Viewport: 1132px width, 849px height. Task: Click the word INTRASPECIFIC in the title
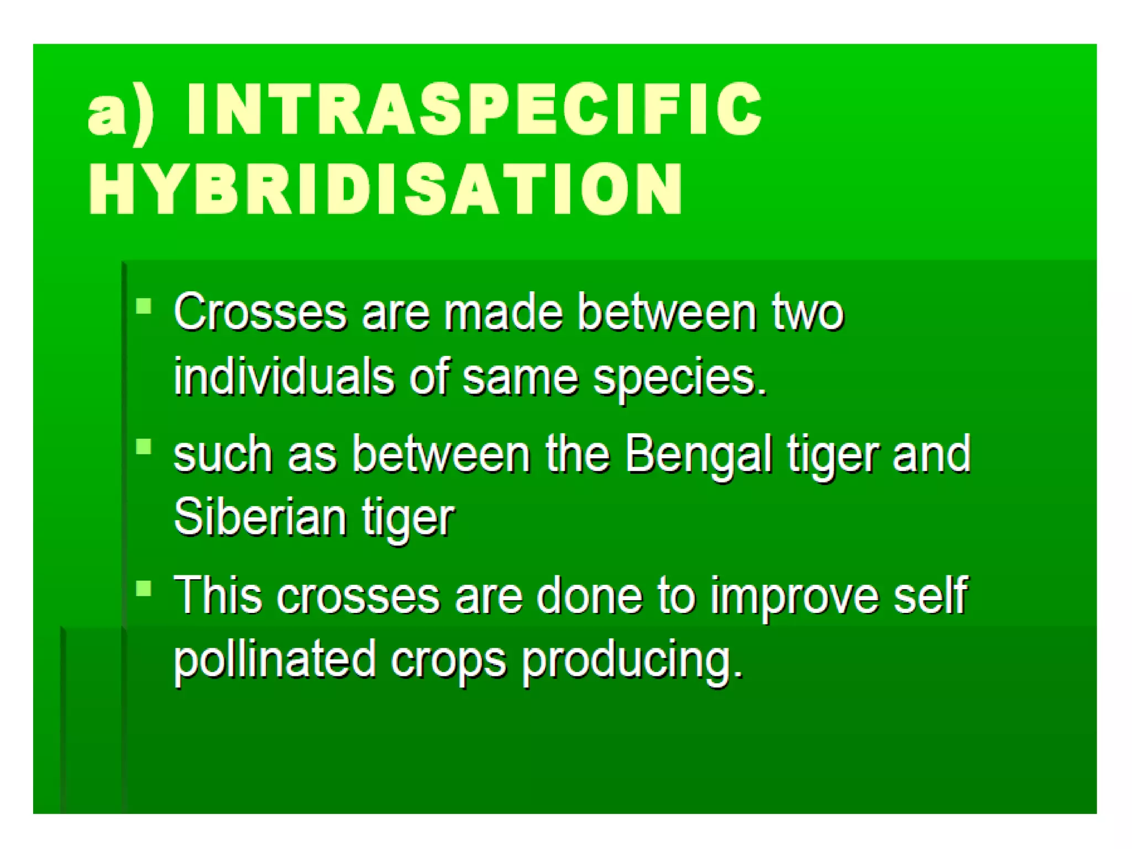pos(474,109)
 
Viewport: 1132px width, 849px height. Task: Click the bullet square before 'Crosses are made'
pos(144,306)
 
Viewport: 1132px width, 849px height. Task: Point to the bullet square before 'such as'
pos(144,446)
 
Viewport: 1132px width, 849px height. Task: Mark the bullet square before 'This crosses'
pos(144,588)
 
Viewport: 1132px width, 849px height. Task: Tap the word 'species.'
pos(680,379)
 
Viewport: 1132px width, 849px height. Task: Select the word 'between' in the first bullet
pos(666,312)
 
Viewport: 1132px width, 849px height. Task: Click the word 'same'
pos(520,378)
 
